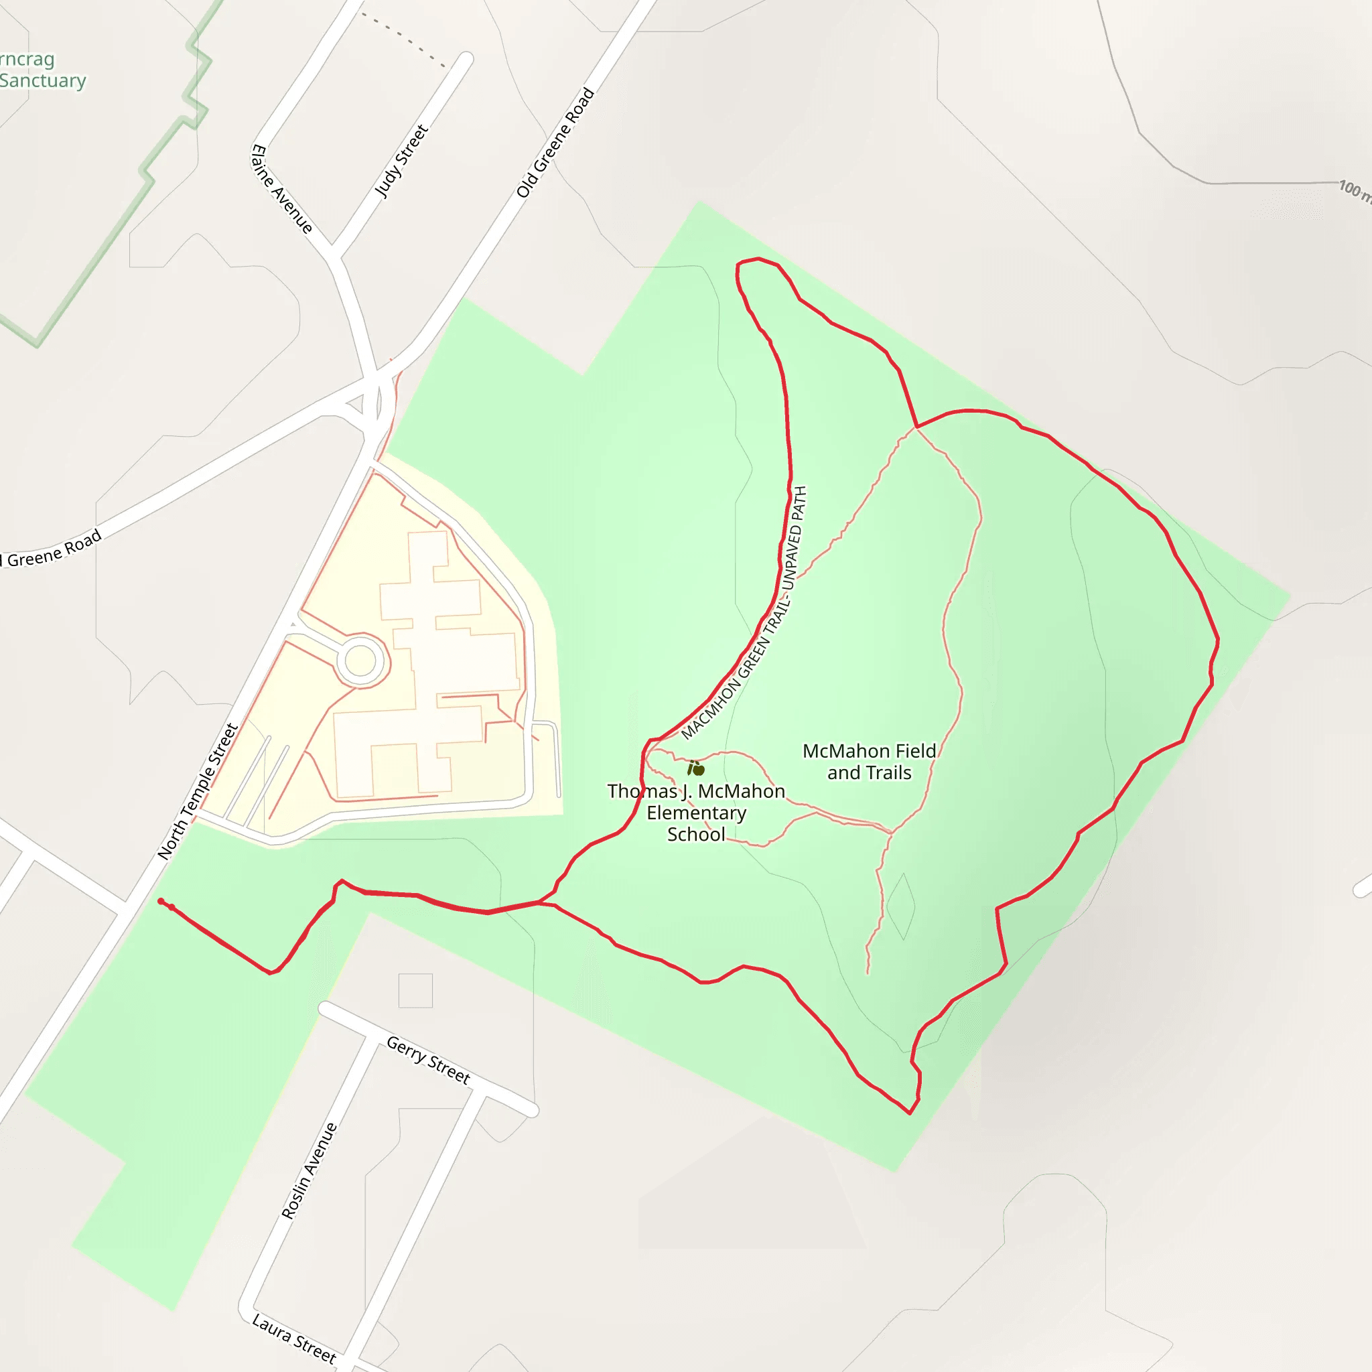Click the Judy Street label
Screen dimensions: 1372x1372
pos(402,161)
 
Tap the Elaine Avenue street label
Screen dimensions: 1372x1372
pos(282,189)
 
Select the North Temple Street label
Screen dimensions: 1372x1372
pos(198,791)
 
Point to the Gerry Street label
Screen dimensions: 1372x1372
pos(428,1060)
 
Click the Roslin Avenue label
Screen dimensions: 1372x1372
pos(309,1171)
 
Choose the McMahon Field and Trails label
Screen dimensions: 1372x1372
pos(869,761)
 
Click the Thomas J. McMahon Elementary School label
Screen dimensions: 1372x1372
pos(696,813)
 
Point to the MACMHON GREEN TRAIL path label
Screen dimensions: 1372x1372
pos(744,613)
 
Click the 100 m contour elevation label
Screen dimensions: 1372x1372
pos(1353,190)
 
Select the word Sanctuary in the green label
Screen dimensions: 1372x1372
pos(43,80)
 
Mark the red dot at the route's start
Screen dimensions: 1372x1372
pos(161,901)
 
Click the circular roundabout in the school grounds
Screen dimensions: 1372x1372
pos(360,661)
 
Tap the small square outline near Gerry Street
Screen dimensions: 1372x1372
pos(415,991)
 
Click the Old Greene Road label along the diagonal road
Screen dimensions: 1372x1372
pos(555,143)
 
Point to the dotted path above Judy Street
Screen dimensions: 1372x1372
pos(403,40)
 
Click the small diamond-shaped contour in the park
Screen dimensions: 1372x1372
pos(900,907)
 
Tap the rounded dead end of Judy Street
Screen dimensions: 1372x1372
pos(466,59)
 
